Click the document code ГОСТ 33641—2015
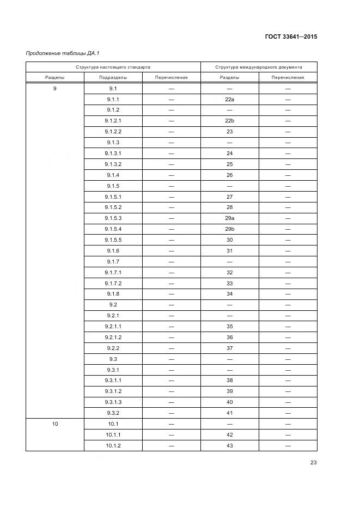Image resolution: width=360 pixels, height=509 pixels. pyautogui.click(x=291, y=37)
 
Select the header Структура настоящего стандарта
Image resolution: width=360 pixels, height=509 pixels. pyautogui.click(x=113, y=67)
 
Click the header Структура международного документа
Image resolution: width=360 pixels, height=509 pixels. pyautogui.click(x=259, y=67)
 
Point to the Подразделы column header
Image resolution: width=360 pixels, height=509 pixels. pyautogui.click(x=113, y=77)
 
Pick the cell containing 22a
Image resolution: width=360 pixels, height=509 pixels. pyautogui.click(x=229, y=99)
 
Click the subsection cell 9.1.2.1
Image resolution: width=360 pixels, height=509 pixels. pyautogui.click(x=113, y=121)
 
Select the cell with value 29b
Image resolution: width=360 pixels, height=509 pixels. pyautogui.click(x=229, y=229)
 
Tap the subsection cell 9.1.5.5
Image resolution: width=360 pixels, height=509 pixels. pyautogui.click(x=113, y=240)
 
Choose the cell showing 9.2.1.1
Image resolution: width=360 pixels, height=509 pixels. pyautogui.click(x=113, y=327)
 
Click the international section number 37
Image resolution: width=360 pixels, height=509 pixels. pyautogui.click(x=229, y=348)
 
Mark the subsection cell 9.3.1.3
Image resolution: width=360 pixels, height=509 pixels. pyautogui.click(x=113, y=402)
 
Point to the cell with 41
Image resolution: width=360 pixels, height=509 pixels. pyautogui.click(x=229, y=413)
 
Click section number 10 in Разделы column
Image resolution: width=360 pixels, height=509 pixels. pyautogui.click(x=55, y=424)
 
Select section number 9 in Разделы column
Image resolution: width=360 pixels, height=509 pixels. pyautogui.click(x=55, y=88)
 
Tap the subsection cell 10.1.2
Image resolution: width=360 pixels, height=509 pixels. pyautogui.click(x=113, y=446)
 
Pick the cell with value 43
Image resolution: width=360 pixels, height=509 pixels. pyautogui.click(x=229, y=446)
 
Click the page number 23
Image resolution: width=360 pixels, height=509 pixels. pyautogui.click(x=313, y=463)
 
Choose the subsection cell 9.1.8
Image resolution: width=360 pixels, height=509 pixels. pyautogui.click(x=113, y=294)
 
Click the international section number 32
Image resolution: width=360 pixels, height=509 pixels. pyautogui.click(x=229, y=272)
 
